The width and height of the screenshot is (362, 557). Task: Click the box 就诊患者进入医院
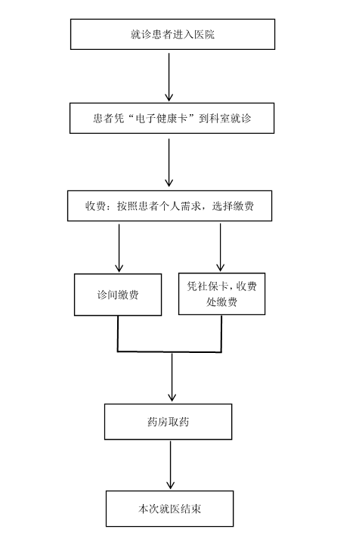(x=172, y=34)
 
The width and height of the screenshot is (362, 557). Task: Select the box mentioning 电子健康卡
(x=172, y=119)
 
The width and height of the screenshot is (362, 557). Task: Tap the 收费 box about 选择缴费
(x=170, y=206)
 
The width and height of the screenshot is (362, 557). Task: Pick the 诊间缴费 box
(x=118, y=295)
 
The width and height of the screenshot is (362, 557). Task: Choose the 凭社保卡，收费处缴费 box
(x=221, y=294)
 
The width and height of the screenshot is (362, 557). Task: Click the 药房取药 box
(x=168, y=422)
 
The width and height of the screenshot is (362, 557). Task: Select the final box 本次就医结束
(x=170, y=509)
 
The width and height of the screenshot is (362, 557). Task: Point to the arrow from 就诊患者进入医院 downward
(x=169, y=77)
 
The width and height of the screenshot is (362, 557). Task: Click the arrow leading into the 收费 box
(x=169, y=162)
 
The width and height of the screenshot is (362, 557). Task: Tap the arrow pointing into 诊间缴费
(x=119, y=248)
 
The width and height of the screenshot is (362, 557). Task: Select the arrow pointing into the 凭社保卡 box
(x=220, y=247)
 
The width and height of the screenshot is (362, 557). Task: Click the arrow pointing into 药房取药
(x=172, y=377)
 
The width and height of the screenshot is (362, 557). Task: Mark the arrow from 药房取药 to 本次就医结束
(x=171, y=465)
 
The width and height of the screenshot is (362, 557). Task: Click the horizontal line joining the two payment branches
(x=169, y=352)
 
